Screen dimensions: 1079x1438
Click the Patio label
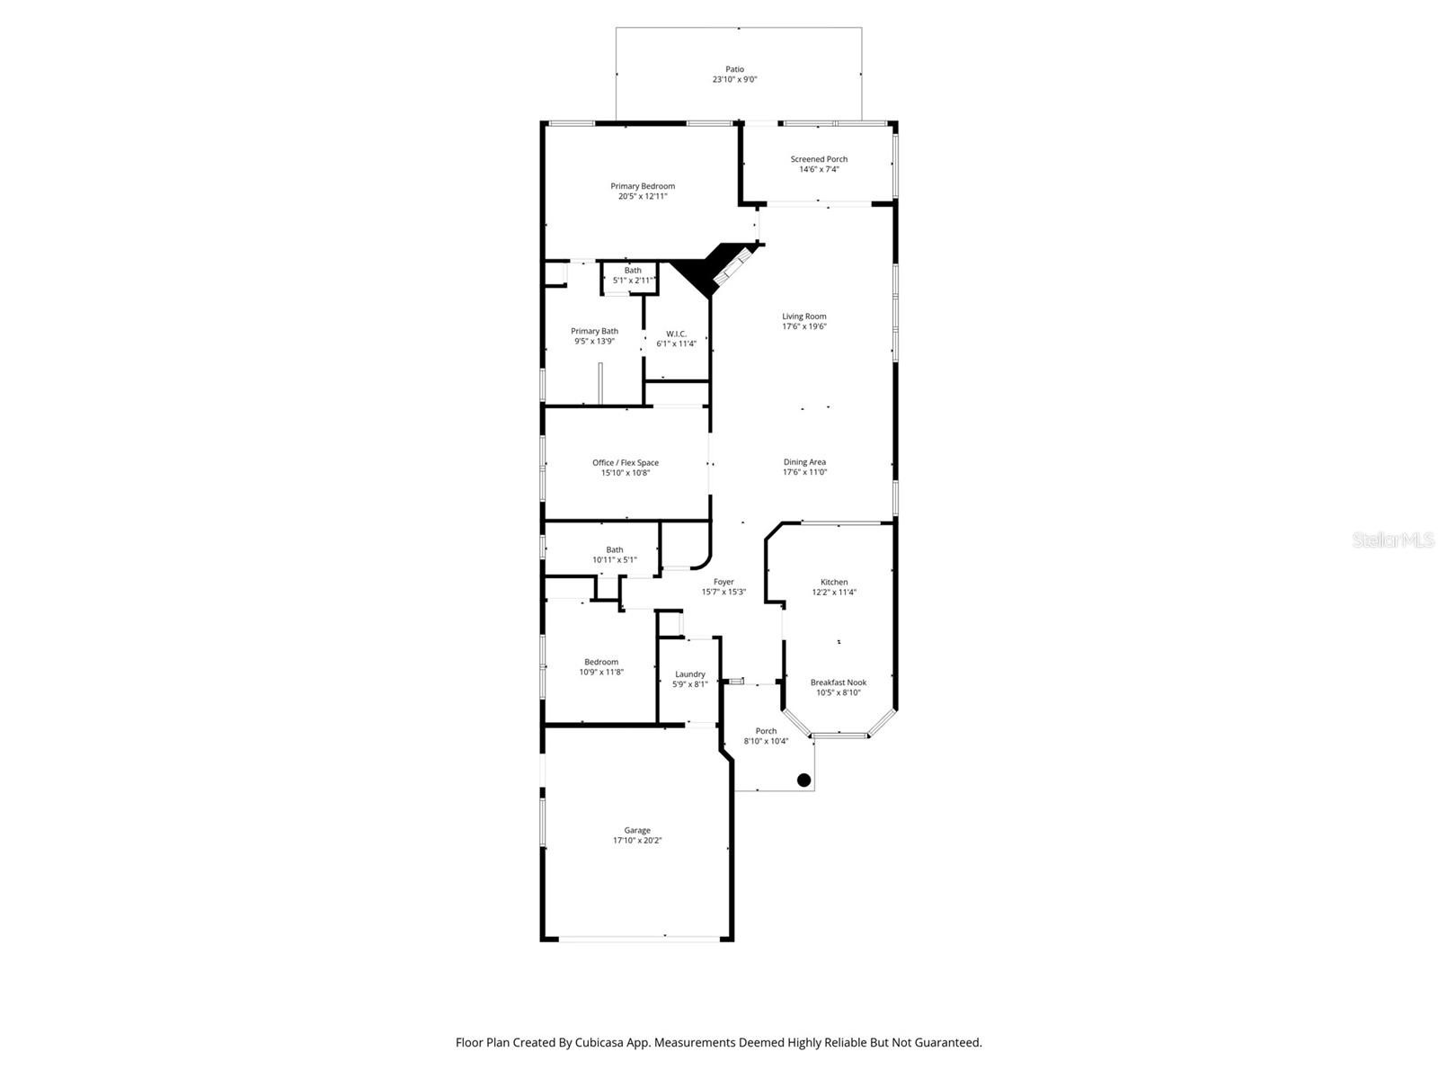coord(734,69)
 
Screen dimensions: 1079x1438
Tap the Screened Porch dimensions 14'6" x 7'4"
coord(819,169)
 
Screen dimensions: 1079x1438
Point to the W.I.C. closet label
coord(676,334)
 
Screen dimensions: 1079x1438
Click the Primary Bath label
coord(594,331)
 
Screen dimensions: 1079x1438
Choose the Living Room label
coord(803,317)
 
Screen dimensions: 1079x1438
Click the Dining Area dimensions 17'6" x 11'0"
coord(804,472)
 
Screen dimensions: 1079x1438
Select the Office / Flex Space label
coord(625,463)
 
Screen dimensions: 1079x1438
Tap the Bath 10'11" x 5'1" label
coord(614,555)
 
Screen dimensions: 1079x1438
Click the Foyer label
coord(723,582)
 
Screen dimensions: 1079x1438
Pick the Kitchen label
coord(834,582)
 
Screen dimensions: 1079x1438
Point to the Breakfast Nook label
coord(838,682)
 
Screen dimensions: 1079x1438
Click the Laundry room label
coord(689,674)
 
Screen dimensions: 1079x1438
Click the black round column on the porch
coord(804,780)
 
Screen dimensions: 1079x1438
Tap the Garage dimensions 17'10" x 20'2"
coord(637,841)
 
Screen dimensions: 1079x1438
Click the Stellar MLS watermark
coord(1392,540)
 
